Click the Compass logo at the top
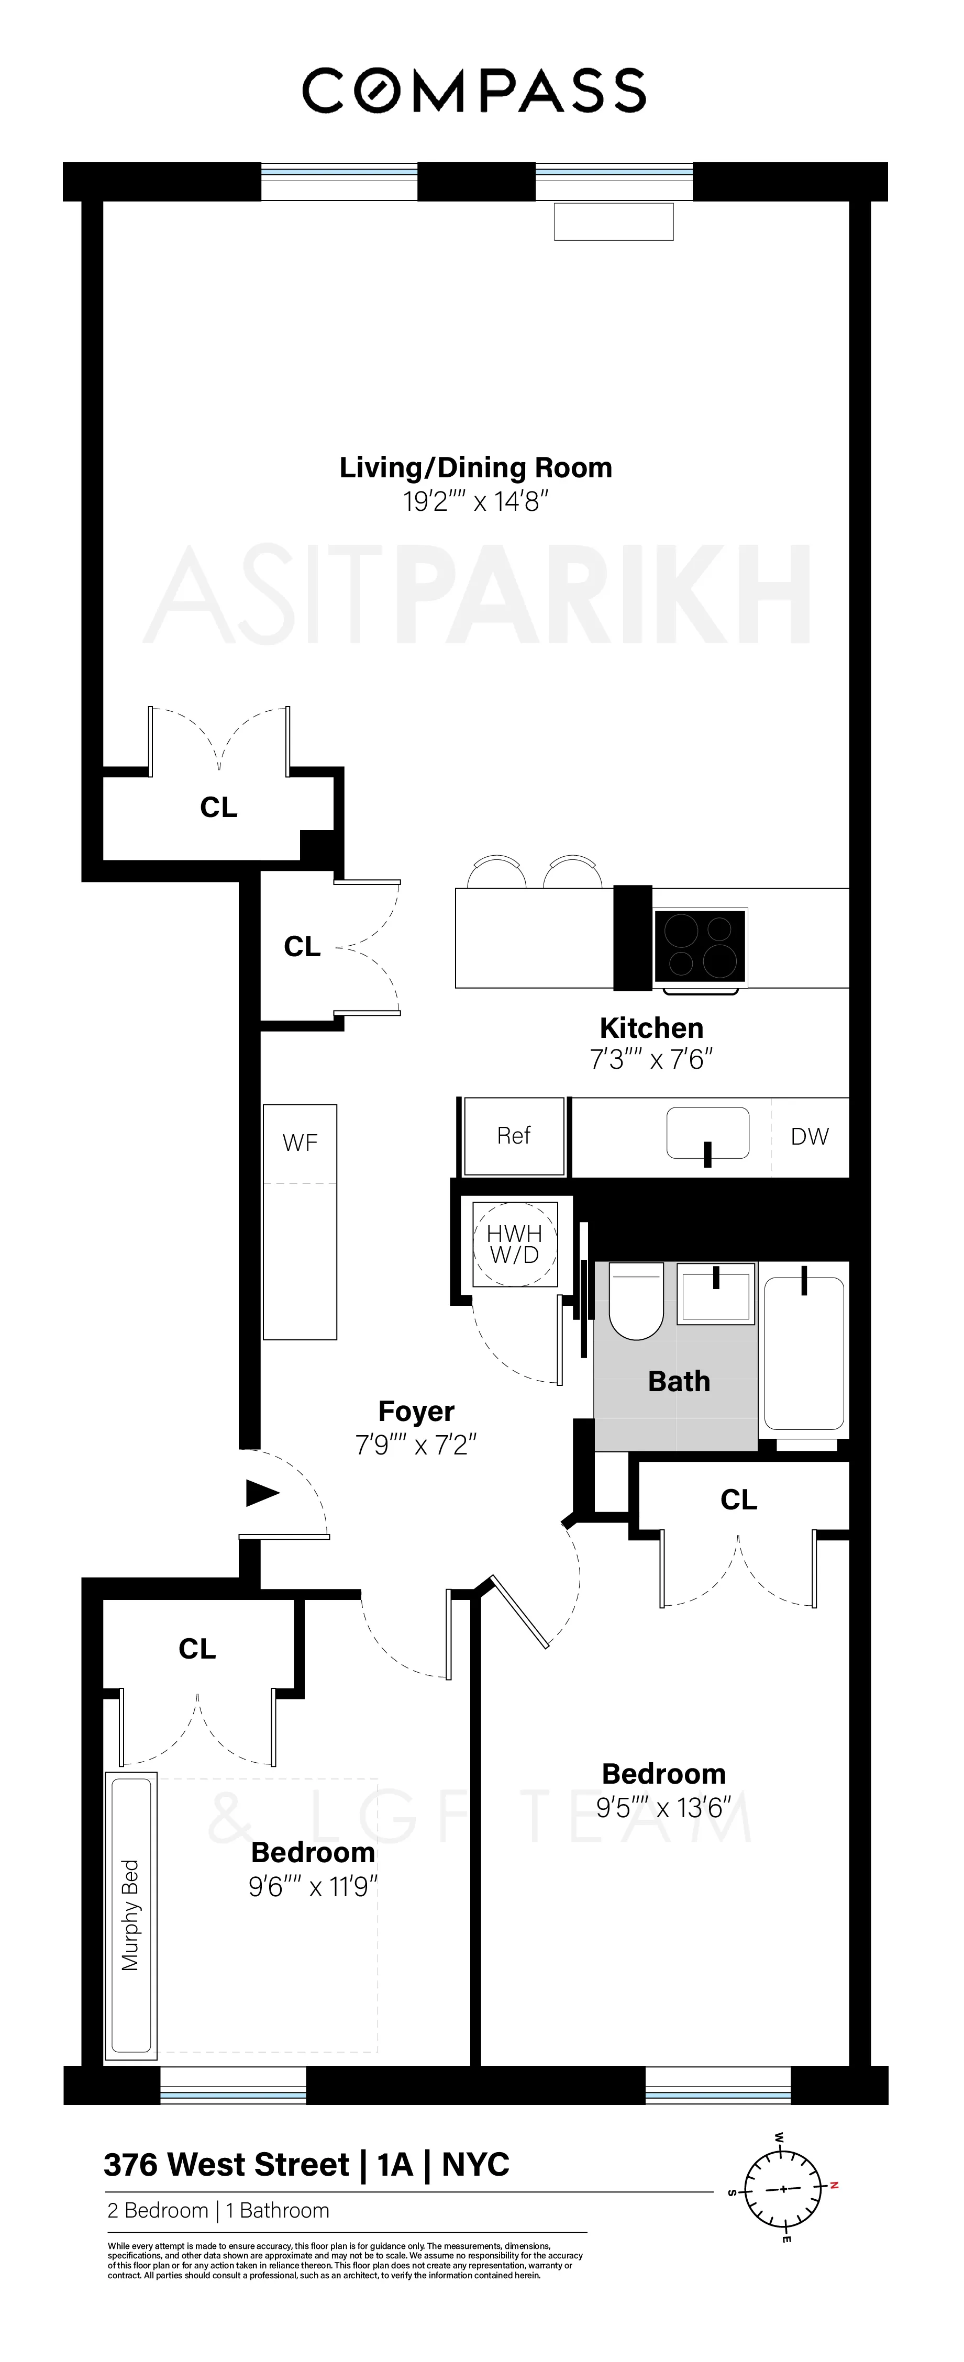474,91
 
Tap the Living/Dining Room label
475,467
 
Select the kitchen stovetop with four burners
701,947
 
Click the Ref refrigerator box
514,1136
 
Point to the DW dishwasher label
809,1137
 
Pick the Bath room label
679,1381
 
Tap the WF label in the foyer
300,1143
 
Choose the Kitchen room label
651,1028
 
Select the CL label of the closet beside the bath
738,1500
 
